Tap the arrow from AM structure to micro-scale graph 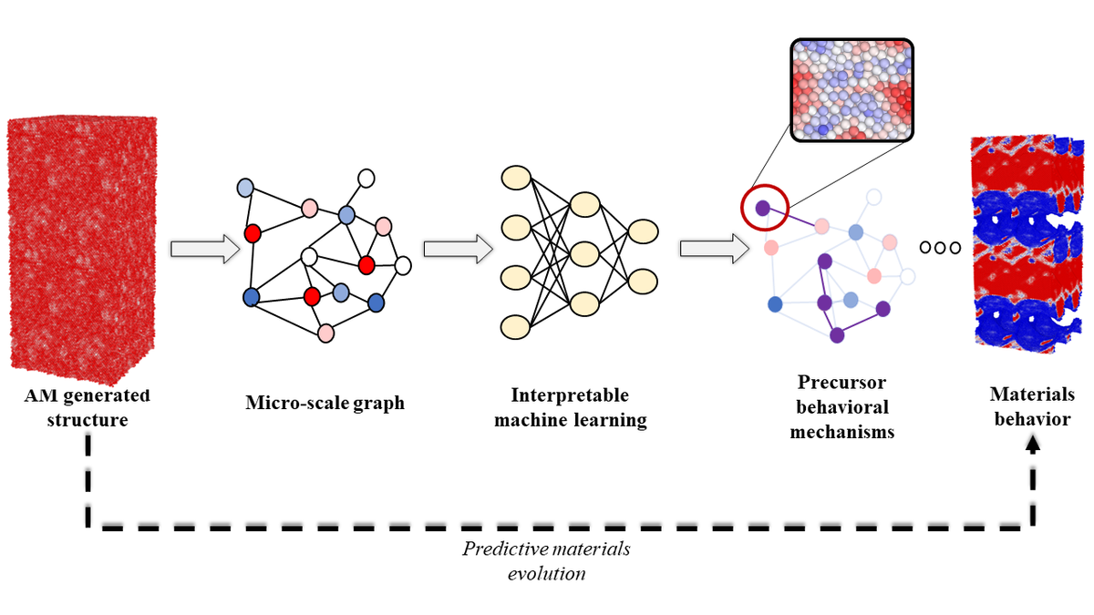tap(198, 249)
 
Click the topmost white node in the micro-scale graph tap(366, 178)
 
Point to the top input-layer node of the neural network tap(517, 177)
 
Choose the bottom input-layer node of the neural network tap(517, 325)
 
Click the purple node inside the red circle tap(762, 209)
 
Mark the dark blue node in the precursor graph tap(776, 303)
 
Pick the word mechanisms tap(841, 432)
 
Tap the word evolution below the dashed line tap(547, 574)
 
